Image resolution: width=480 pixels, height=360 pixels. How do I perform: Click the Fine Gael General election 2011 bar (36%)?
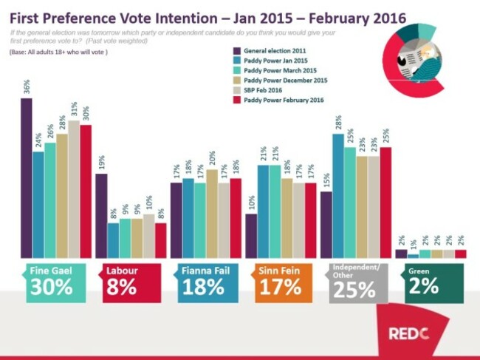tap(27, 177)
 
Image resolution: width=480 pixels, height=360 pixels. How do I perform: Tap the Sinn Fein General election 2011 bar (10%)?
tap(251, 236)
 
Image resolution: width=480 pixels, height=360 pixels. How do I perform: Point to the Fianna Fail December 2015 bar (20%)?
tap(212, 214)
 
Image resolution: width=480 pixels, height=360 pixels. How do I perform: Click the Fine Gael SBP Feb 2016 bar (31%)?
tap(74, 189)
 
